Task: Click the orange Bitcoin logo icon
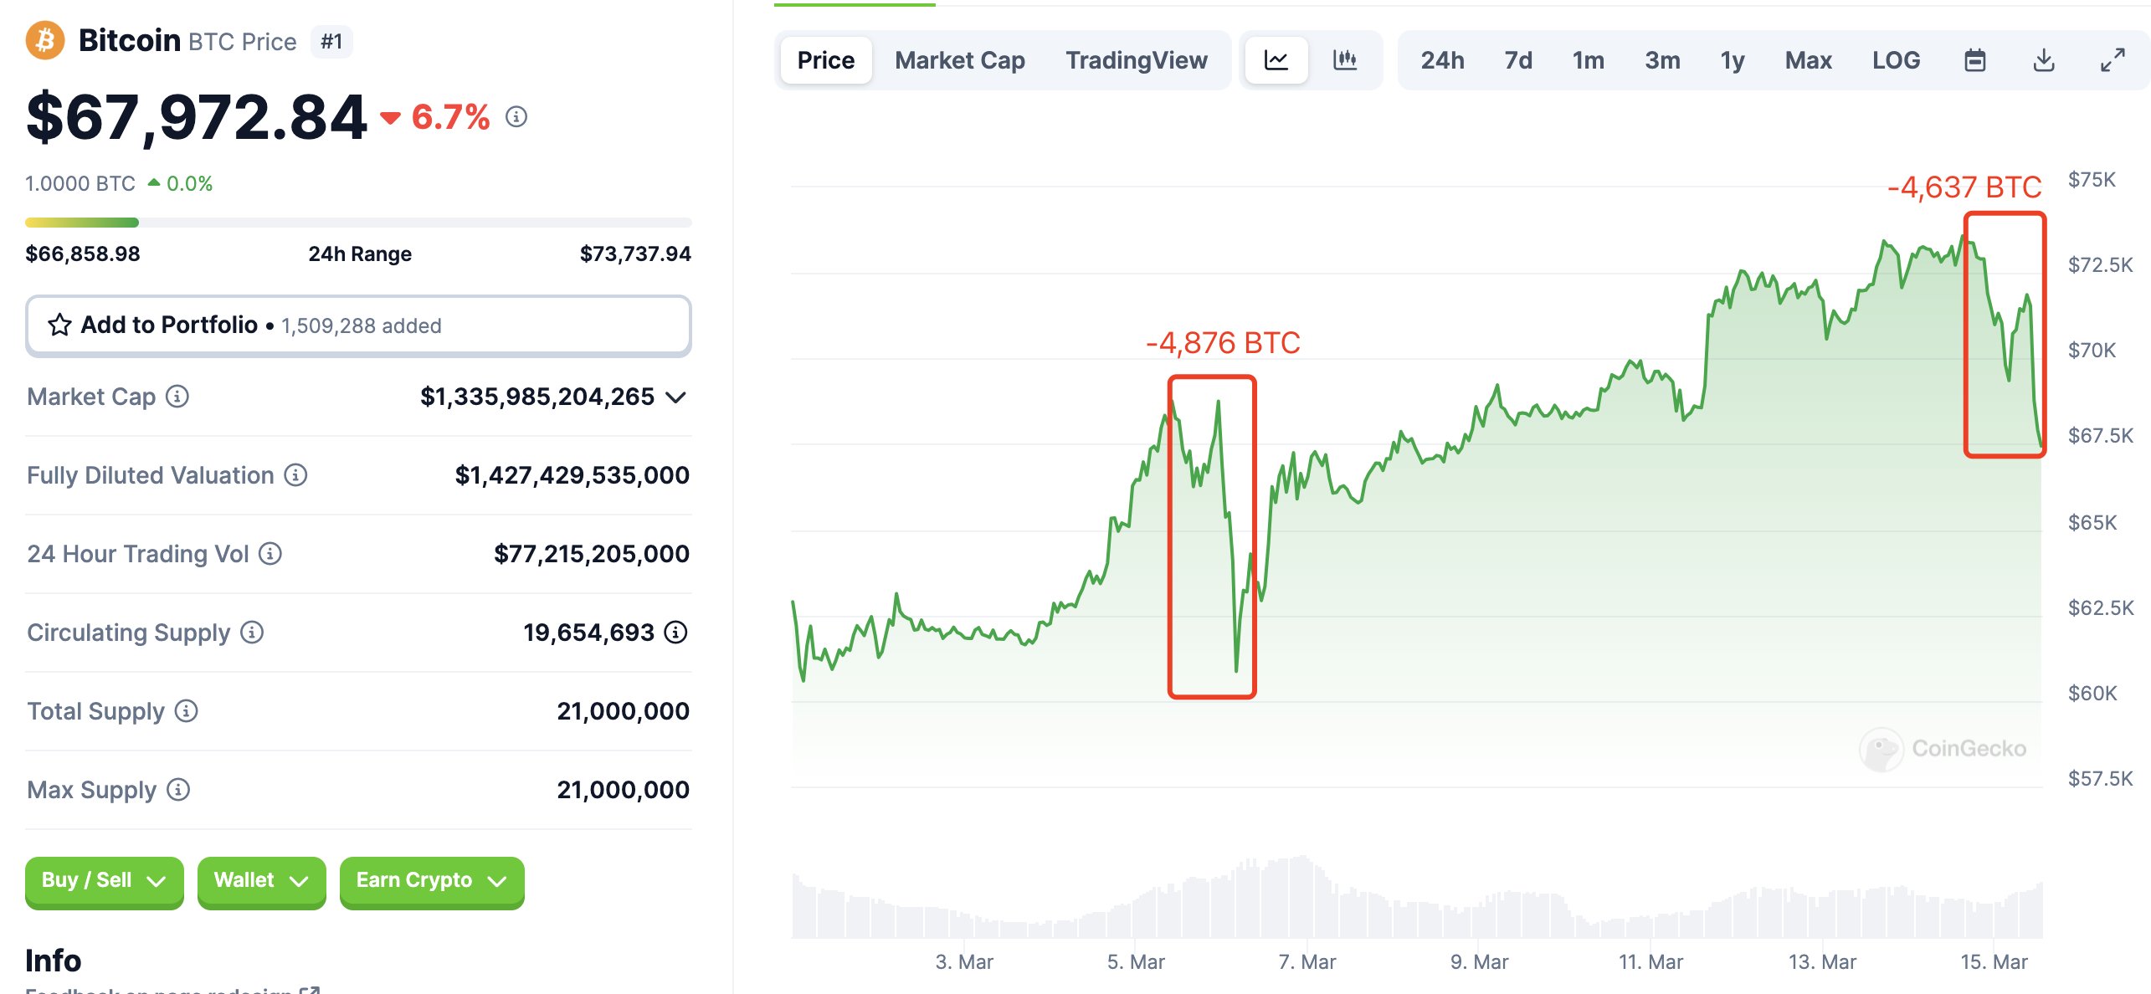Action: pos(45,40)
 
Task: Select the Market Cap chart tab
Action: pos(959,60)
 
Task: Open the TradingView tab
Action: pos(1136,60)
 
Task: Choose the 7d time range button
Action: pos(1517,60)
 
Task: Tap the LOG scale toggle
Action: pos(1896,60)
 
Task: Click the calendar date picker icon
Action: pos(1974,60)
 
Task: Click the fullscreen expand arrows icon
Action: pos(2112,60)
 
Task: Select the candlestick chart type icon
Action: pos(1344,60)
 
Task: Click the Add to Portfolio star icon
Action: pos(59,325)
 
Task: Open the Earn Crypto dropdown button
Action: pos(431,881)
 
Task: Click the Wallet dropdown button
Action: pos(261,881)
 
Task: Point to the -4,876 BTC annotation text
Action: pos(1222,343)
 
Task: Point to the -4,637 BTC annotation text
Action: pos(1964,187)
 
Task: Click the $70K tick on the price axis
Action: pos(2091,350)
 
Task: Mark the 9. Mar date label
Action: pos(1479,962)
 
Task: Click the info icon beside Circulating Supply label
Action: pos(252,633)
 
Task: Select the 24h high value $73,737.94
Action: pos(634,254)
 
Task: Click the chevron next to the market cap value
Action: pos(676,397)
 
